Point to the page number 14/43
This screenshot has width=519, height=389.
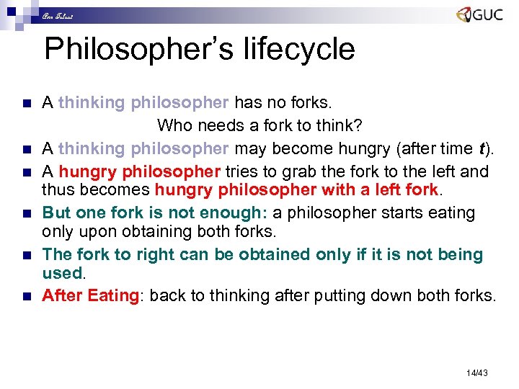tap(477, 372)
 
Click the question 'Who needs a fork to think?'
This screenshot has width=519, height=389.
tap(259, 125)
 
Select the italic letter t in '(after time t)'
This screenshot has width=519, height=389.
tap(481, 148)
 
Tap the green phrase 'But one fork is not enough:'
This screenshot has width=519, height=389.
tap(155, 213)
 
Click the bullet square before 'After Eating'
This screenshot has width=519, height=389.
tap(27, 296)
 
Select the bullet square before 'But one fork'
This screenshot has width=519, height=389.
tap(27, 214)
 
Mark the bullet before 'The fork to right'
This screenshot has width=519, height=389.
tap(27, 256)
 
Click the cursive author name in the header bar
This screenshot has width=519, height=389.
tap(57, 15)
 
